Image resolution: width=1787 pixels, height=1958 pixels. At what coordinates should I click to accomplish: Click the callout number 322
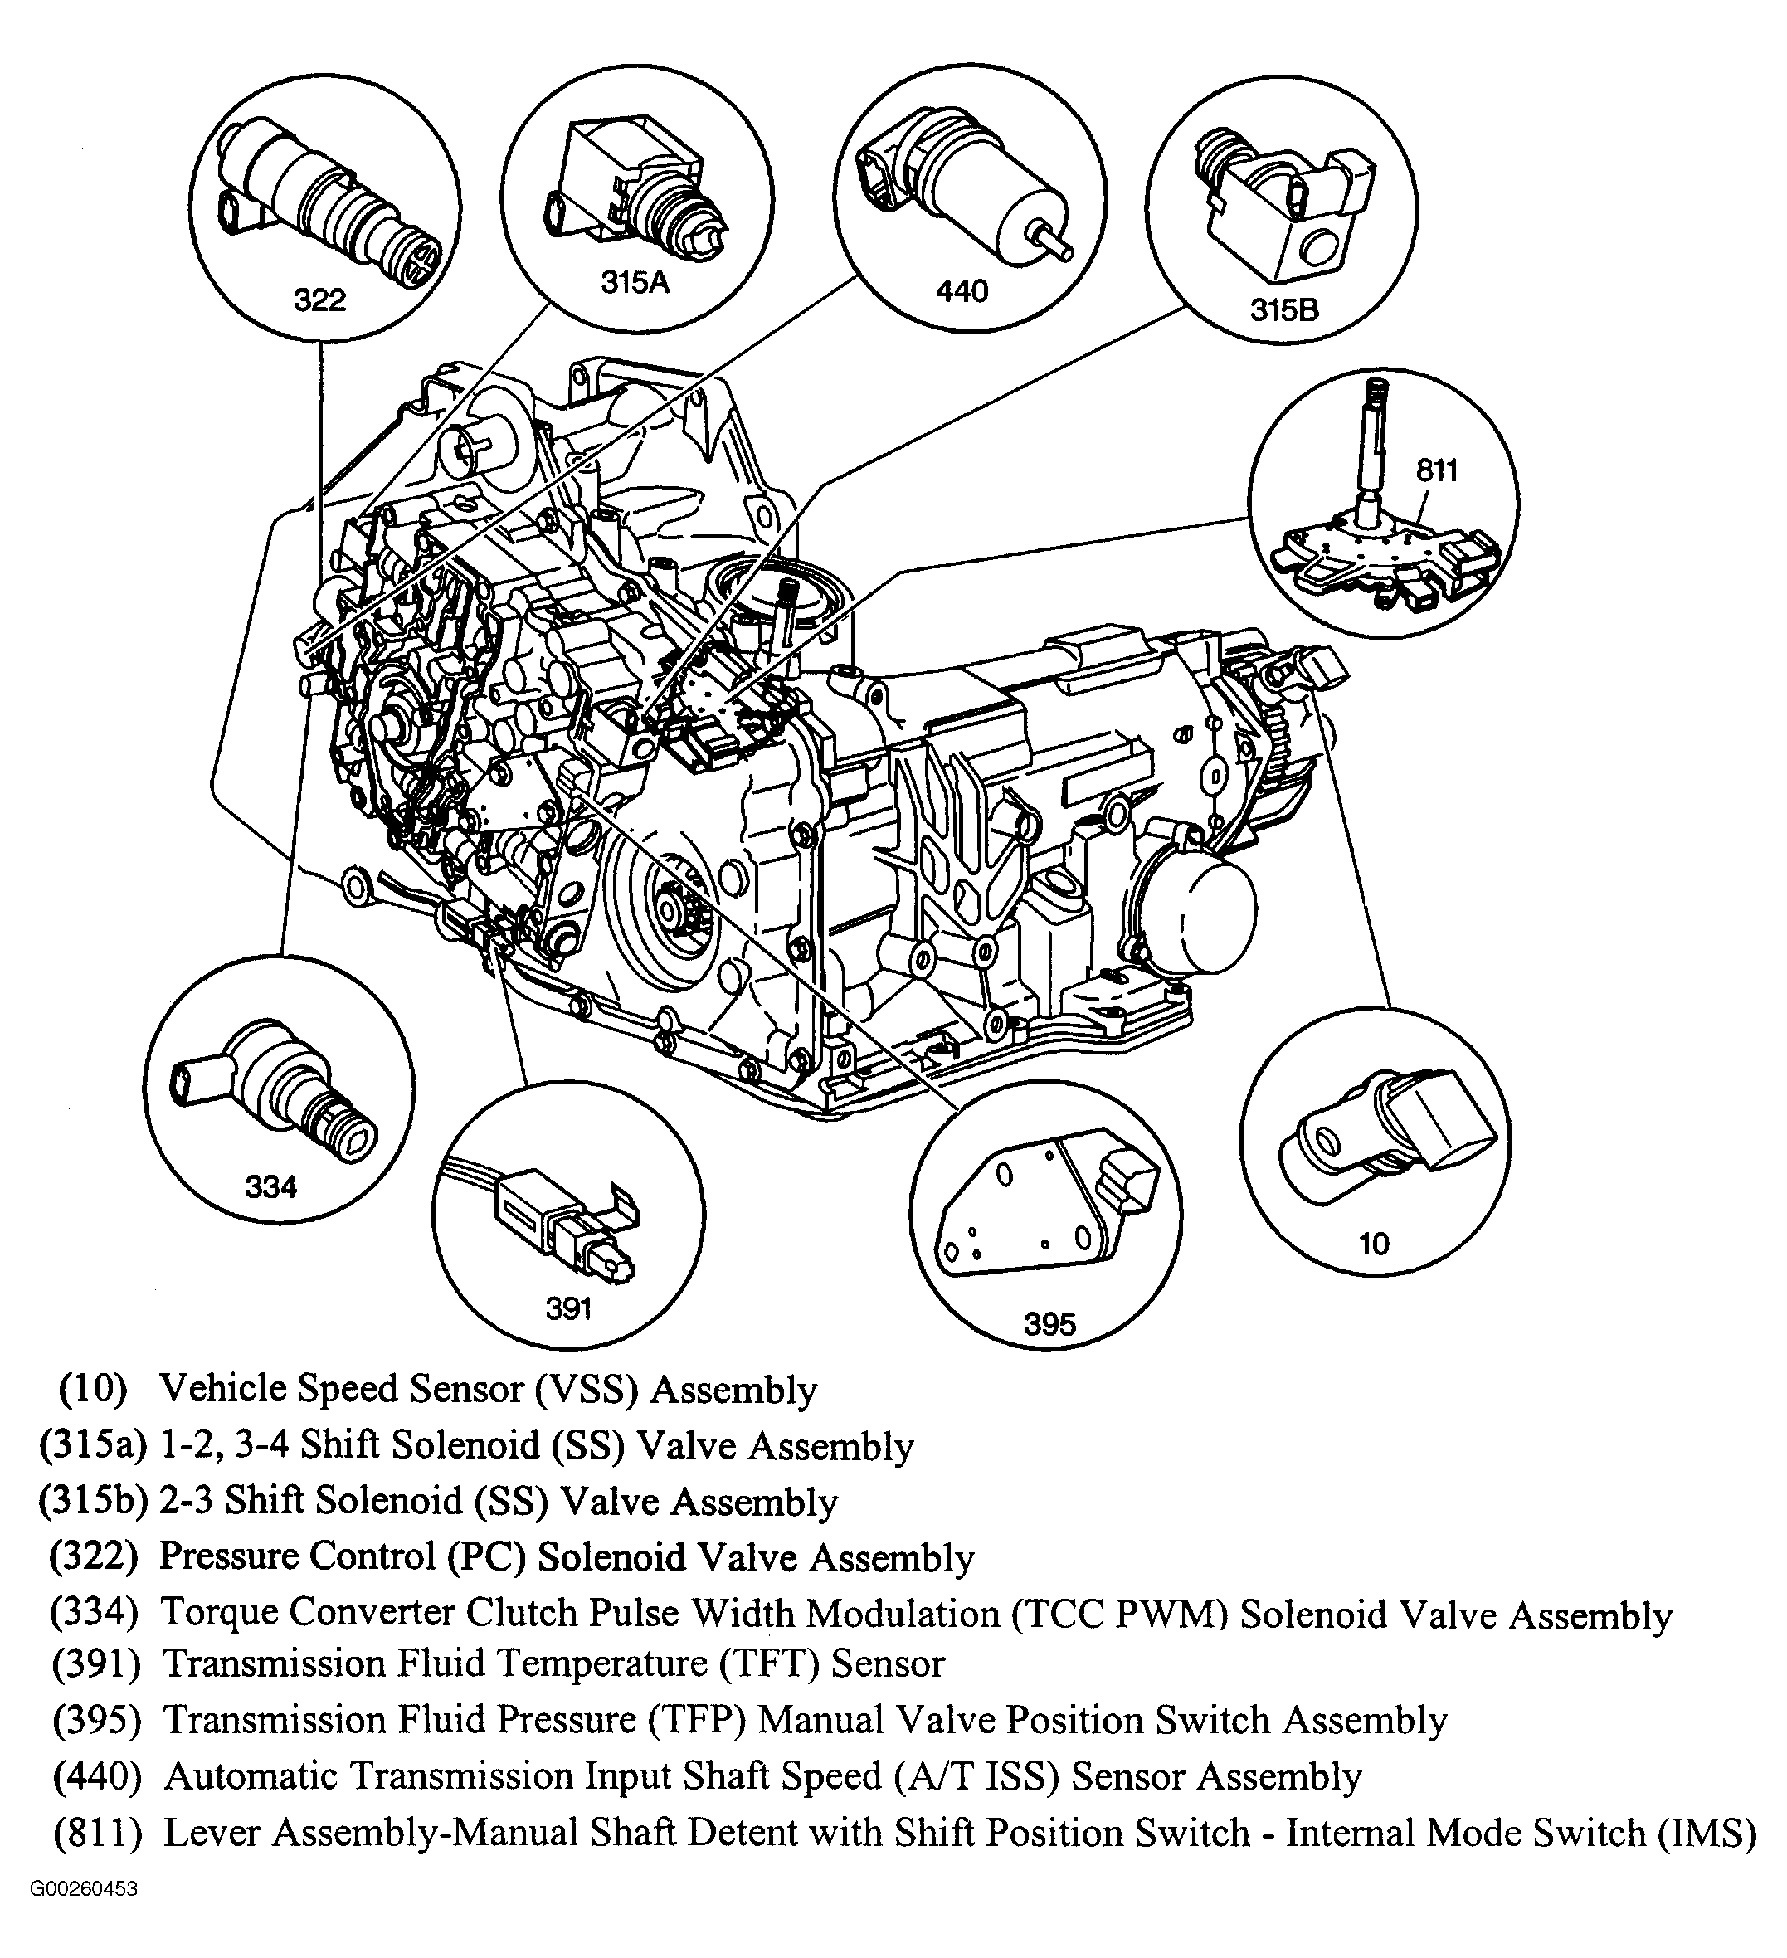click(319, 300)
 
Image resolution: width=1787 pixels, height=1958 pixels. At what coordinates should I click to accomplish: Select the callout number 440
click(962, 290)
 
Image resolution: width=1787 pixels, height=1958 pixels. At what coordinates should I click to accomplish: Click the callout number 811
click(1436, 470)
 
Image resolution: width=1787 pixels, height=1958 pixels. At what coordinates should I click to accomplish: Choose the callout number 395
click(1049, 1324)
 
